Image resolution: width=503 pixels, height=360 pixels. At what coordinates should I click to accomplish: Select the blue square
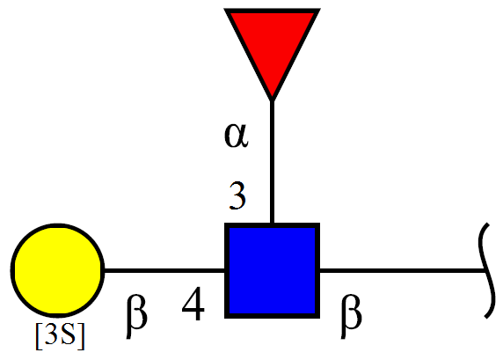click(272, 270)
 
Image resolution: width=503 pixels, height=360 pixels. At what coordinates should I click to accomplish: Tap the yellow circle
click(58, 270)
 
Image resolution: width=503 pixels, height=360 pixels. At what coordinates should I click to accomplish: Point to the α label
click(236, 136)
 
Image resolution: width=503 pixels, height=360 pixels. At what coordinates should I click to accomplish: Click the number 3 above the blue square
click(237, 195)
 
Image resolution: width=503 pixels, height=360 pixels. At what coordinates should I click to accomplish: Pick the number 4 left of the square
click(193, 304)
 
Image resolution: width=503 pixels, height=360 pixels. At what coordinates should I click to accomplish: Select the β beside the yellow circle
click(136, 316)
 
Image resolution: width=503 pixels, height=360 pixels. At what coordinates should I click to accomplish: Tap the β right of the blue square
click(351, 316)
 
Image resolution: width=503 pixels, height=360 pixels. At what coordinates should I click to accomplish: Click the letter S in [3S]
click(69, 334)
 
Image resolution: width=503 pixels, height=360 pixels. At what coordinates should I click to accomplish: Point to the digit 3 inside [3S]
click(52, 334)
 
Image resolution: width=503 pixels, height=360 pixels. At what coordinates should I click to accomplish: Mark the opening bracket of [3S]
click(40, 336)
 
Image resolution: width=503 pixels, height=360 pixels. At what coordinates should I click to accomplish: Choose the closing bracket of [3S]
click(81, 336)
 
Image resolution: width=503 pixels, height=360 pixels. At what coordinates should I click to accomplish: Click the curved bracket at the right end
click(484, 270)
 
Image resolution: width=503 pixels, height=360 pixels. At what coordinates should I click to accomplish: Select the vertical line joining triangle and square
click(272, 162)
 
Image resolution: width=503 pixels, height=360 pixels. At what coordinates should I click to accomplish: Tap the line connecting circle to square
click(165, 270)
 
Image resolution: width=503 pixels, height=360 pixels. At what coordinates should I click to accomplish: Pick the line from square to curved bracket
click(402, 270)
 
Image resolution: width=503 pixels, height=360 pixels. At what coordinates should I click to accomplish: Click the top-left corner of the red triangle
click(224, 9)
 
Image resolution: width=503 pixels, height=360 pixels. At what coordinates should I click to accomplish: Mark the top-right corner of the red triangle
click(320, 9)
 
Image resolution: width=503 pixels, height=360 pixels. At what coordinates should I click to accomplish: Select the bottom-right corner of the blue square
click(319, 318)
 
